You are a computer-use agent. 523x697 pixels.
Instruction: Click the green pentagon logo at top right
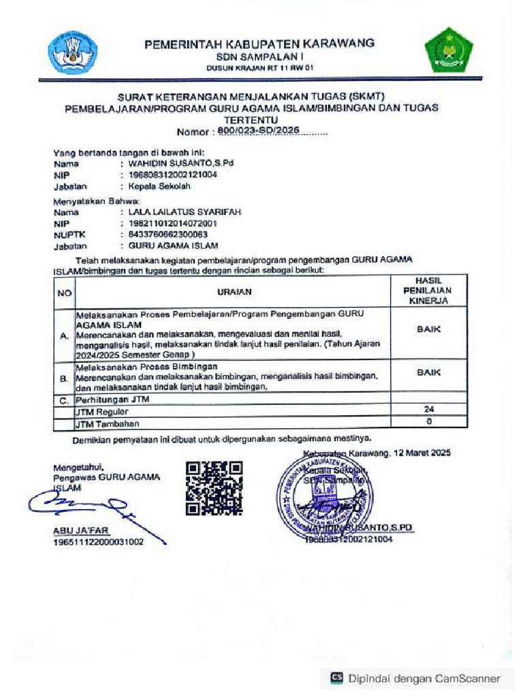point(449,50)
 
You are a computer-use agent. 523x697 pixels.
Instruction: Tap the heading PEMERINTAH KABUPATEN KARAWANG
point(259,44)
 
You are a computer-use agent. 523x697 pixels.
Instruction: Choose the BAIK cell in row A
point(428,329)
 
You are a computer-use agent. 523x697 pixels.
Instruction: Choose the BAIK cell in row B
point(428,373)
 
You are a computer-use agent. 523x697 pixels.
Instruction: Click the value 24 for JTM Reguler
point(428,410)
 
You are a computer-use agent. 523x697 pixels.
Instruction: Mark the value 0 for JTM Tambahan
point(428,421)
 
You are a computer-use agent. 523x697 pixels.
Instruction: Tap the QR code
point(215,487)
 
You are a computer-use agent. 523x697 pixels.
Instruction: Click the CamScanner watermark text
point(424,678)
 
